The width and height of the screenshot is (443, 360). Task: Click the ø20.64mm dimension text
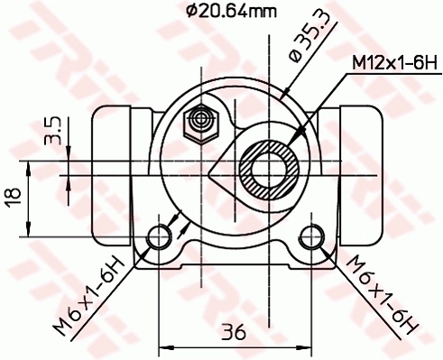click(231, 12)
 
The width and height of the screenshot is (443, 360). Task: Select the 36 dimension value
click(235, 332)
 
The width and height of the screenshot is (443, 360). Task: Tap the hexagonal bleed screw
click(199, 122)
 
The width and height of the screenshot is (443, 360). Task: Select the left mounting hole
click(160, 236)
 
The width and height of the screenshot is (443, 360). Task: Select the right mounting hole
click(311, 236)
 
